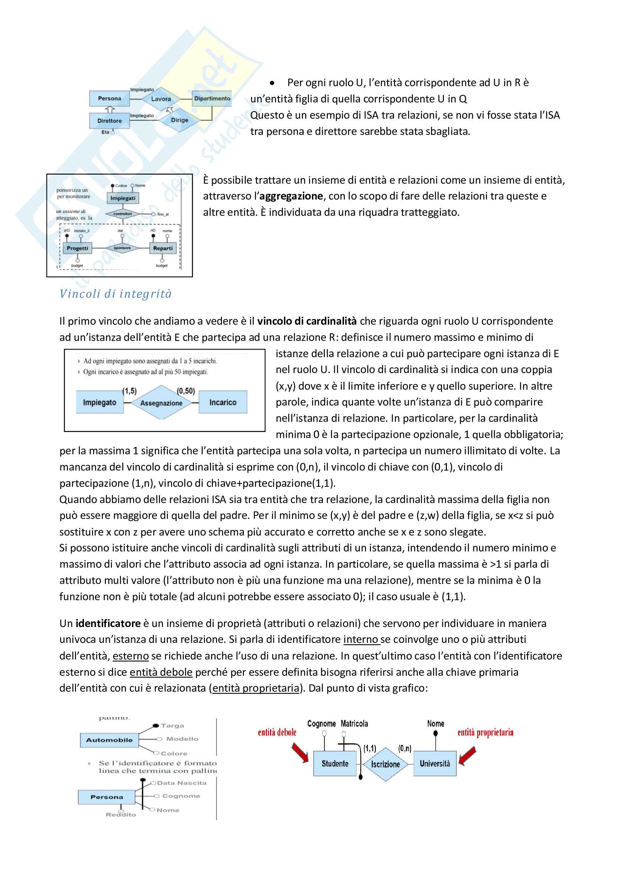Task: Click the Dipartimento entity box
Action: click(212, 99)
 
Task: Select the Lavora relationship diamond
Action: click(161, 99)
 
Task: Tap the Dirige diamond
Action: click(180, 120)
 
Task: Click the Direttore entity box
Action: click(109, 121)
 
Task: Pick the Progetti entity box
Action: click(78, 248)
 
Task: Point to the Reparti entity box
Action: click(163, 248)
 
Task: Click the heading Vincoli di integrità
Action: click(116, 294)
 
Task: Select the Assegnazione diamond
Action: click(161, 403)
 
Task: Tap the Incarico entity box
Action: click(223, 403)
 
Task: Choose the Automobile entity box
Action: click(109, 740)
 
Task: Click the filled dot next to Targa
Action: click(156, 726)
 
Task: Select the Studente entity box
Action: click(335, 763)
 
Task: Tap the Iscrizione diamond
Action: click(386, 764)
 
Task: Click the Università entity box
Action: click(435, 763)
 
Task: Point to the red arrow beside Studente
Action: click(300, 752)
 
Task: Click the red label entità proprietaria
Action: click(485, 732)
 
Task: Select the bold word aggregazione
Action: click(291, 197)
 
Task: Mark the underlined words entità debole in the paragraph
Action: click(161, 672)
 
